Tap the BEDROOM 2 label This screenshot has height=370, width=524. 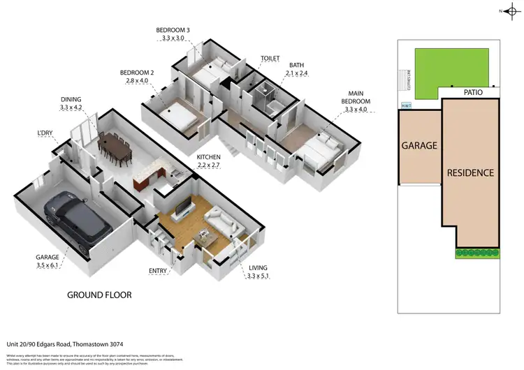[x=136, y=73]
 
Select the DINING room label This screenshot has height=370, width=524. [x=71, y=100]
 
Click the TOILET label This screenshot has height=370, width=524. [x=270, y=59]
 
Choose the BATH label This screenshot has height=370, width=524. [x=296, y=64]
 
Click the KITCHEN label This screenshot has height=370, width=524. [x=209, y=157]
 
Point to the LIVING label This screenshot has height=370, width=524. [x=257, y=268]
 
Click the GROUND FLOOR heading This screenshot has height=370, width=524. [x=99, y=295]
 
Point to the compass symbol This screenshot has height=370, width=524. [x=511, y=10]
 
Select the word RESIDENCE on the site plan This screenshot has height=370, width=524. [x=471, y=172]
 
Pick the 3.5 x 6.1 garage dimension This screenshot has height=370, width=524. [x=47, y=264]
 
